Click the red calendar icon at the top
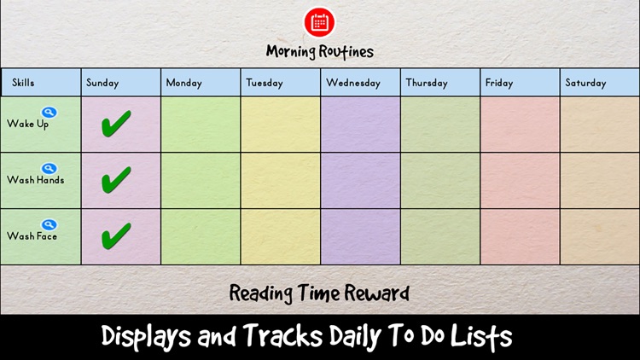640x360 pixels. click(x=320, y=21)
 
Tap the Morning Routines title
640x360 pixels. click(x=320, y=51)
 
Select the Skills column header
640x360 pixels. click(x=24, y=83)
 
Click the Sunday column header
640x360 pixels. click(x=102, y=83)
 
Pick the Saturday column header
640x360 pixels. click(x=585, y=83)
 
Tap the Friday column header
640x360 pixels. click(x=499, y=83)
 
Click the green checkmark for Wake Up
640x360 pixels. click(x=116, y=125)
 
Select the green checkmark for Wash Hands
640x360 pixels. click(x=116, y=180)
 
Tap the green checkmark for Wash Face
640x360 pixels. click(x=116, y=235)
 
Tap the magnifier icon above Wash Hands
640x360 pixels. click(x=49, y=169)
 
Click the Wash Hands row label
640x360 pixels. click(x=36, y=181)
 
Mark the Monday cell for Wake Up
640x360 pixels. click(x=201, y=125)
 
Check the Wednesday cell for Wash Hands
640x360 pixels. click(x=360, y=180)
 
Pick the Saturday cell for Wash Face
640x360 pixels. click(x=600, y=236)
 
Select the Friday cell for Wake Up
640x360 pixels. click(x=520, y=125)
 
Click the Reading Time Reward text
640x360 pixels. click(x=320, y=293)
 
